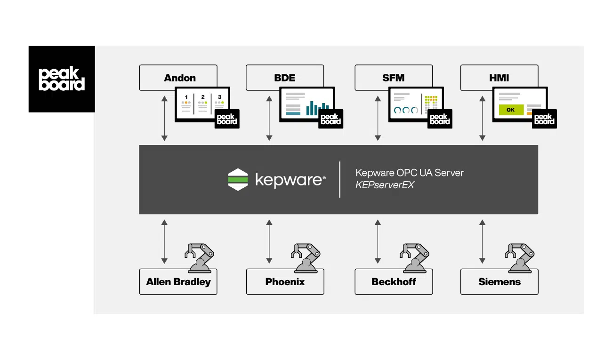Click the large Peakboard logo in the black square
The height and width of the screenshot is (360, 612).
(x=62, y=79)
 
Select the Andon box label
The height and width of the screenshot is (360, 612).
(x=179, y=78)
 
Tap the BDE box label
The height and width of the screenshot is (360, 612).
(x=285, y=78)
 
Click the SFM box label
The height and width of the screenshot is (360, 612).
(x=393, y=78)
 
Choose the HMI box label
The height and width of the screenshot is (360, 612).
(x=499, y=78)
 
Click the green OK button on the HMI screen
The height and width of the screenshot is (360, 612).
(x=510, y=110)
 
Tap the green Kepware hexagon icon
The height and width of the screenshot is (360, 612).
(x=238, y=179)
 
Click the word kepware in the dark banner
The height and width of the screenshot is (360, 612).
(x=290, y=179)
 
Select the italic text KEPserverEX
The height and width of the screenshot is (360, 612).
(x=385, y=185)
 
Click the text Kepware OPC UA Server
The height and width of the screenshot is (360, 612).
(x=409, y=173)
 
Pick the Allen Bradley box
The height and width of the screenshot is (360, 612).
(x=178, y=282)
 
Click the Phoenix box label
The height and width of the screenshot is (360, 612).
(x=285, y=282)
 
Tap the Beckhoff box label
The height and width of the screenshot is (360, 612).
(x=393, y=282)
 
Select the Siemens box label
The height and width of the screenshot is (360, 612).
(x=499, y=282)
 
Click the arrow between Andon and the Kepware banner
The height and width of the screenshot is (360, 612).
(x=164, y=118)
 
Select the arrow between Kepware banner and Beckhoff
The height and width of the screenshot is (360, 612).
(x=378, y=241)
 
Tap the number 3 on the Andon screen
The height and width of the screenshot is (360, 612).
(x=220, y=97)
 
